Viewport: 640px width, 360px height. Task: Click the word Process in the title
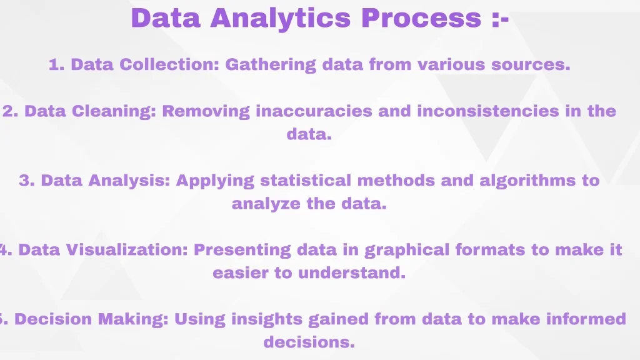point(421,18)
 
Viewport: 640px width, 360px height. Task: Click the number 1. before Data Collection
point(57,64)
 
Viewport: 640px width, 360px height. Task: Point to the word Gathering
point(271,65)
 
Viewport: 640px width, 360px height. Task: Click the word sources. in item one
point(531,65)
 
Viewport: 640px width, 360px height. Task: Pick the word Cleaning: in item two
point(114,111)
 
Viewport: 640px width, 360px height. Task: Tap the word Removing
point(206,111)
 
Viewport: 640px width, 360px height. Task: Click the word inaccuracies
point(314,111)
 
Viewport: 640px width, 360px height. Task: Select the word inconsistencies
point(488,111)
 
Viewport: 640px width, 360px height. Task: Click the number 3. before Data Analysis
point(27,181)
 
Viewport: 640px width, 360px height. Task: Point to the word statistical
point(306,181)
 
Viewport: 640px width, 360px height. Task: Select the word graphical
point(407,250)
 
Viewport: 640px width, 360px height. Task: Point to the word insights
point(267,319)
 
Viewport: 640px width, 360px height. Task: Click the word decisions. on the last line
point(309,342)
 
